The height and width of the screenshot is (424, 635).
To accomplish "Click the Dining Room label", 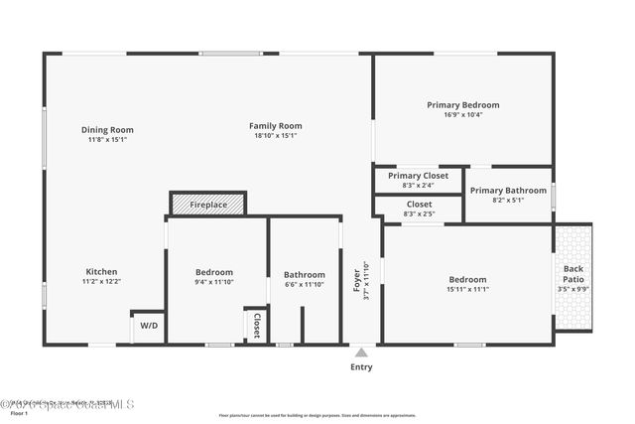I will [107, 130].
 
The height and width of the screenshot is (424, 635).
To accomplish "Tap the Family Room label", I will [275, 126].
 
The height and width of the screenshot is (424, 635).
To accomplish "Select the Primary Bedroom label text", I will [462, 104].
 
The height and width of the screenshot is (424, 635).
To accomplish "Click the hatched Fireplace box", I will [208, 205].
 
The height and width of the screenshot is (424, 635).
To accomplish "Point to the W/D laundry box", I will [148, 326].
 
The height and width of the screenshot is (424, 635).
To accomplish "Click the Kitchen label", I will [101, 272].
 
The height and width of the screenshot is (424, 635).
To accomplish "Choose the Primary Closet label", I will [418, 175].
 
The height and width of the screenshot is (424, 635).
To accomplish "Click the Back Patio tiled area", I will [572, 277].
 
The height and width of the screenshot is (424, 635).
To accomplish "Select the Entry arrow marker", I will [362, 352].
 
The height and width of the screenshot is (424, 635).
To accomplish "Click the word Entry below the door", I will [362, 367].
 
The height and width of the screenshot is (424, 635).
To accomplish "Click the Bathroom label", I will [304, 275].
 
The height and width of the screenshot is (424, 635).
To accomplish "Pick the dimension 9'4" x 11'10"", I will [214, 282].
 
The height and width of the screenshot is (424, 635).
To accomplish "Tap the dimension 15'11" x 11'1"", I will [466, 289].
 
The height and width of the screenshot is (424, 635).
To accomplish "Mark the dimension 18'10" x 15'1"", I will [275, 136].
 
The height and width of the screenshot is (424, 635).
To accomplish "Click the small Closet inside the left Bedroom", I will [255, 326].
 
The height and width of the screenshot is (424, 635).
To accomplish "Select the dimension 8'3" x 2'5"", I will [418, 213].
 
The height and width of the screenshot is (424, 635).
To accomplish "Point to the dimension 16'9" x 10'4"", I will [462, 114].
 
